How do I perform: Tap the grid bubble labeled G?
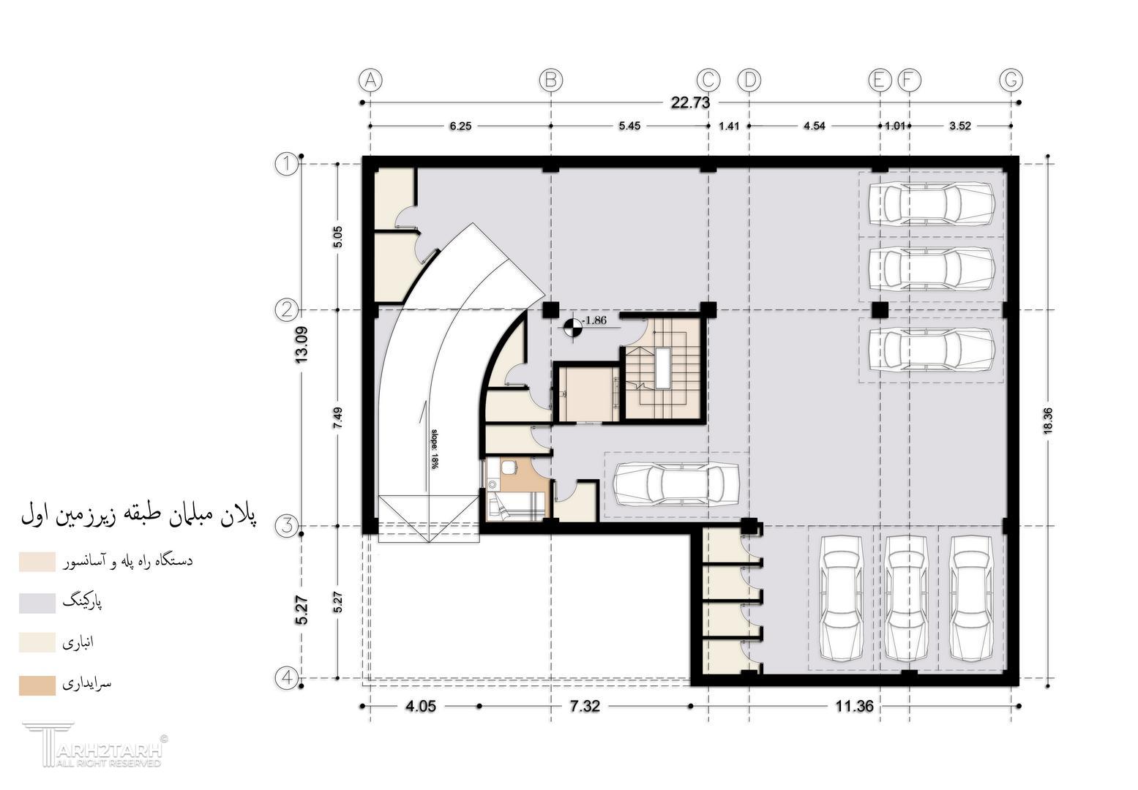click(1011, 80)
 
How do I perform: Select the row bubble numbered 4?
click(287, 678)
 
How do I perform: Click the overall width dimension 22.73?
click(690, 102)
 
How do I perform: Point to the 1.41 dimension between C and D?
click(729, 126)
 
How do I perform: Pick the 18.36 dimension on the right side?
click(1047, 421)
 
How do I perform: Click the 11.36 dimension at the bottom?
click(855, 706)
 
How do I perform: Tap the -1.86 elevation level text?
click(594, 320)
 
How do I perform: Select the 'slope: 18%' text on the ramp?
click(435, 449)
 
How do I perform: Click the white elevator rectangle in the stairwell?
click(662, 368)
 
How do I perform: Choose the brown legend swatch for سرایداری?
click(37, 685)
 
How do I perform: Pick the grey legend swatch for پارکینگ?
click(37, 603)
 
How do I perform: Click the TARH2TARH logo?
click(95, 745)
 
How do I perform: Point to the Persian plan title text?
click(138, 515)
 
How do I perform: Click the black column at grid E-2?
click(880, 309)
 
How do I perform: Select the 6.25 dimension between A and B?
click(460, 126)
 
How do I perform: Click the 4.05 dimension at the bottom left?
click(421, 706)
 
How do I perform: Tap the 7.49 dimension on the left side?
click(338, 418)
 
